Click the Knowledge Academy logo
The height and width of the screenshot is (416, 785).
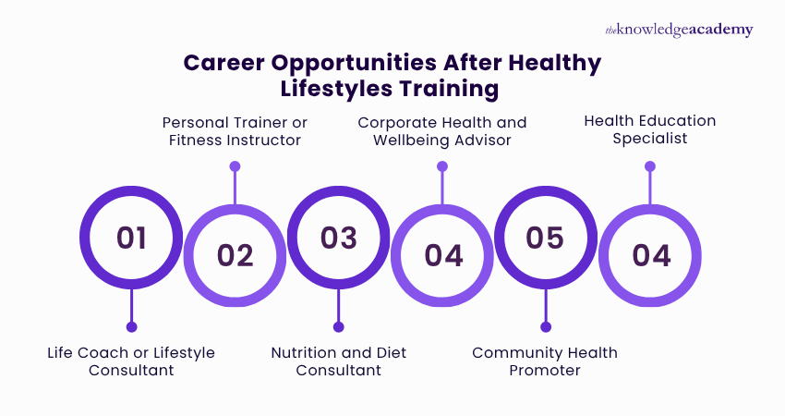679,30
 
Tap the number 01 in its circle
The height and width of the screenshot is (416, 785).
131,238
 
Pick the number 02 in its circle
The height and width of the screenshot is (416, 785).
235,255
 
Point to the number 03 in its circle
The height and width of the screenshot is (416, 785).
339,238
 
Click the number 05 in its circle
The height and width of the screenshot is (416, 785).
545,238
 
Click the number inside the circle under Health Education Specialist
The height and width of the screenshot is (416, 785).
650,255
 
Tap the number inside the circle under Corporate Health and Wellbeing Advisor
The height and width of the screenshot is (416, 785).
442,255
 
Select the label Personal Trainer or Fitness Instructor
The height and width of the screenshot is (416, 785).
235,131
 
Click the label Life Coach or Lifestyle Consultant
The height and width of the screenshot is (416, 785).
131,361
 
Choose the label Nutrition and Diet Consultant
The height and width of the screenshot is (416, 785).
339,361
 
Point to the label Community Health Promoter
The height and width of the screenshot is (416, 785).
545,361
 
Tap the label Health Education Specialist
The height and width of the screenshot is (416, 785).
650,130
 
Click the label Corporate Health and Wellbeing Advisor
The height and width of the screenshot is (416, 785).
442,131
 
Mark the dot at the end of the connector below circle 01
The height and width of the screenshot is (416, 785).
131,326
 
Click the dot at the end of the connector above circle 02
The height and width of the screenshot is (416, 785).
235,166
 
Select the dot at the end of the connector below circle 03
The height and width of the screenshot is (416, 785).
339,326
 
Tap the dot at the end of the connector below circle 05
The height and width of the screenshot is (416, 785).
545,326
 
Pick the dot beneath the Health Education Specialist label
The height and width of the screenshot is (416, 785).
650,166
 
